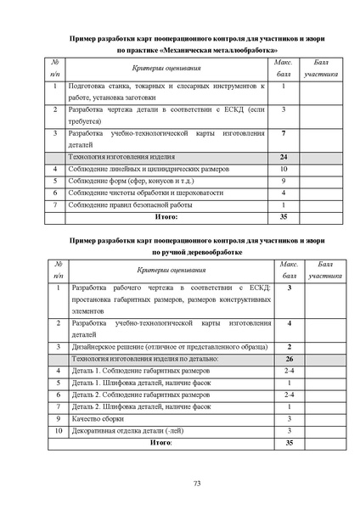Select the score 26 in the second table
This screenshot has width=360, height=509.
pyautogui.click(x=290, y=359)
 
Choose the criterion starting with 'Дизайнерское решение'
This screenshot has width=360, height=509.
pyautogui.click(x=153, y=347)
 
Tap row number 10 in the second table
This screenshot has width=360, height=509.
pyautogui.click(x=56, y=430)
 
